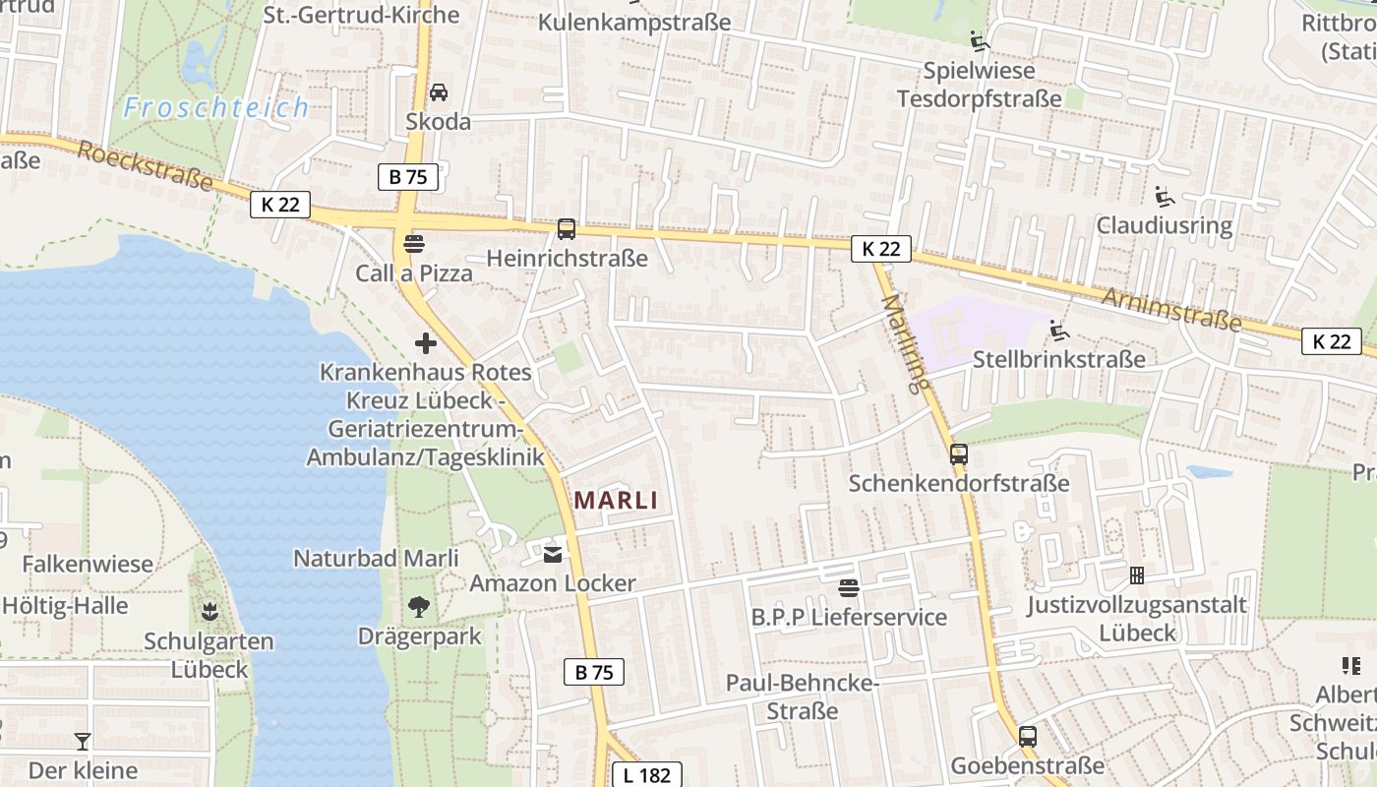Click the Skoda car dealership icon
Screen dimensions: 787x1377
tap(439, 92)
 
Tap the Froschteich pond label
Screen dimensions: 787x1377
tap(216, 107)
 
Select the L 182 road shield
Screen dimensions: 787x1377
tap(646, 774)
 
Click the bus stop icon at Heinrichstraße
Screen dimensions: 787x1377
tap(567, 229)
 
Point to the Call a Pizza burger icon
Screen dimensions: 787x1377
tap(414, 243)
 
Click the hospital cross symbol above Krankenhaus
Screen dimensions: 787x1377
tap(426, 343)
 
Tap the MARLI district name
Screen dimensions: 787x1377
tap(616, 500)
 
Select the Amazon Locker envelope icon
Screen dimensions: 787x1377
tap(553, 555)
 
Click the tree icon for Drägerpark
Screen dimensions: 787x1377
tap(419, 607)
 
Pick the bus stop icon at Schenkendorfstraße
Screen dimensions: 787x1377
tap(959, 454)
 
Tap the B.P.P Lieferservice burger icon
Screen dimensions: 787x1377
tap(849, 588)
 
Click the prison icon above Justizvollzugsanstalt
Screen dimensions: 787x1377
tap(1137, 575)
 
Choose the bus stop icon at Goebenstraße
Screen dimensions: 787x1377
tap(1028, 736)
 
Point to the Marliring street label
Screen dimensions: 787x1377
tap(905, 343)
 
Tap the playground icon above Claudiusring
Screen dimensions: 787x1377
tap(1165, 197)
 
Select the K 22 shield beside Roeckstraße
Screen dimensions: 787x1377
tap(280, 205)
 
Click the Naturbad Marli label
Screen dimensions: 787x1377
tap(376, 558)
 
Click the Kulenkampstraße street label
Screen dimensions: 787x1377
tap(634, 22)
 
